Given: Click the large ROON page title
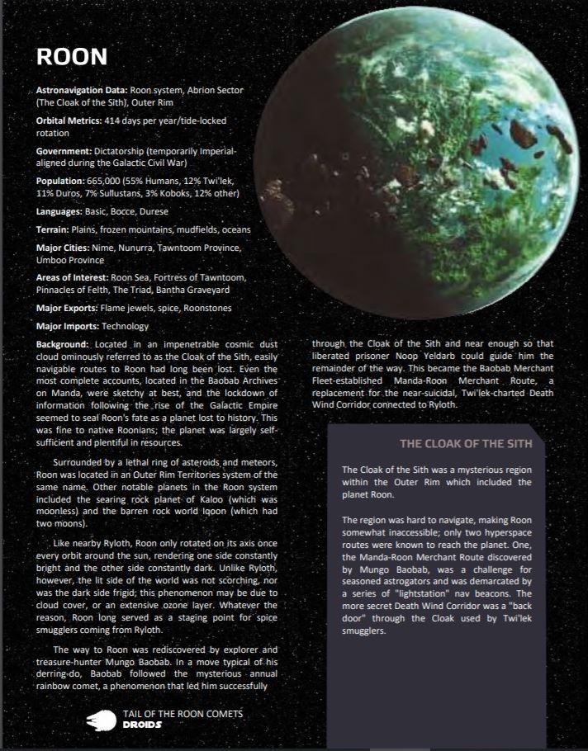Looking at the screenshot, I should (x=72, y=56).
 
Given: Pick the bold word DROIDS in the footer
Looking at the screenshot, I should (x=141, y=725).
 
